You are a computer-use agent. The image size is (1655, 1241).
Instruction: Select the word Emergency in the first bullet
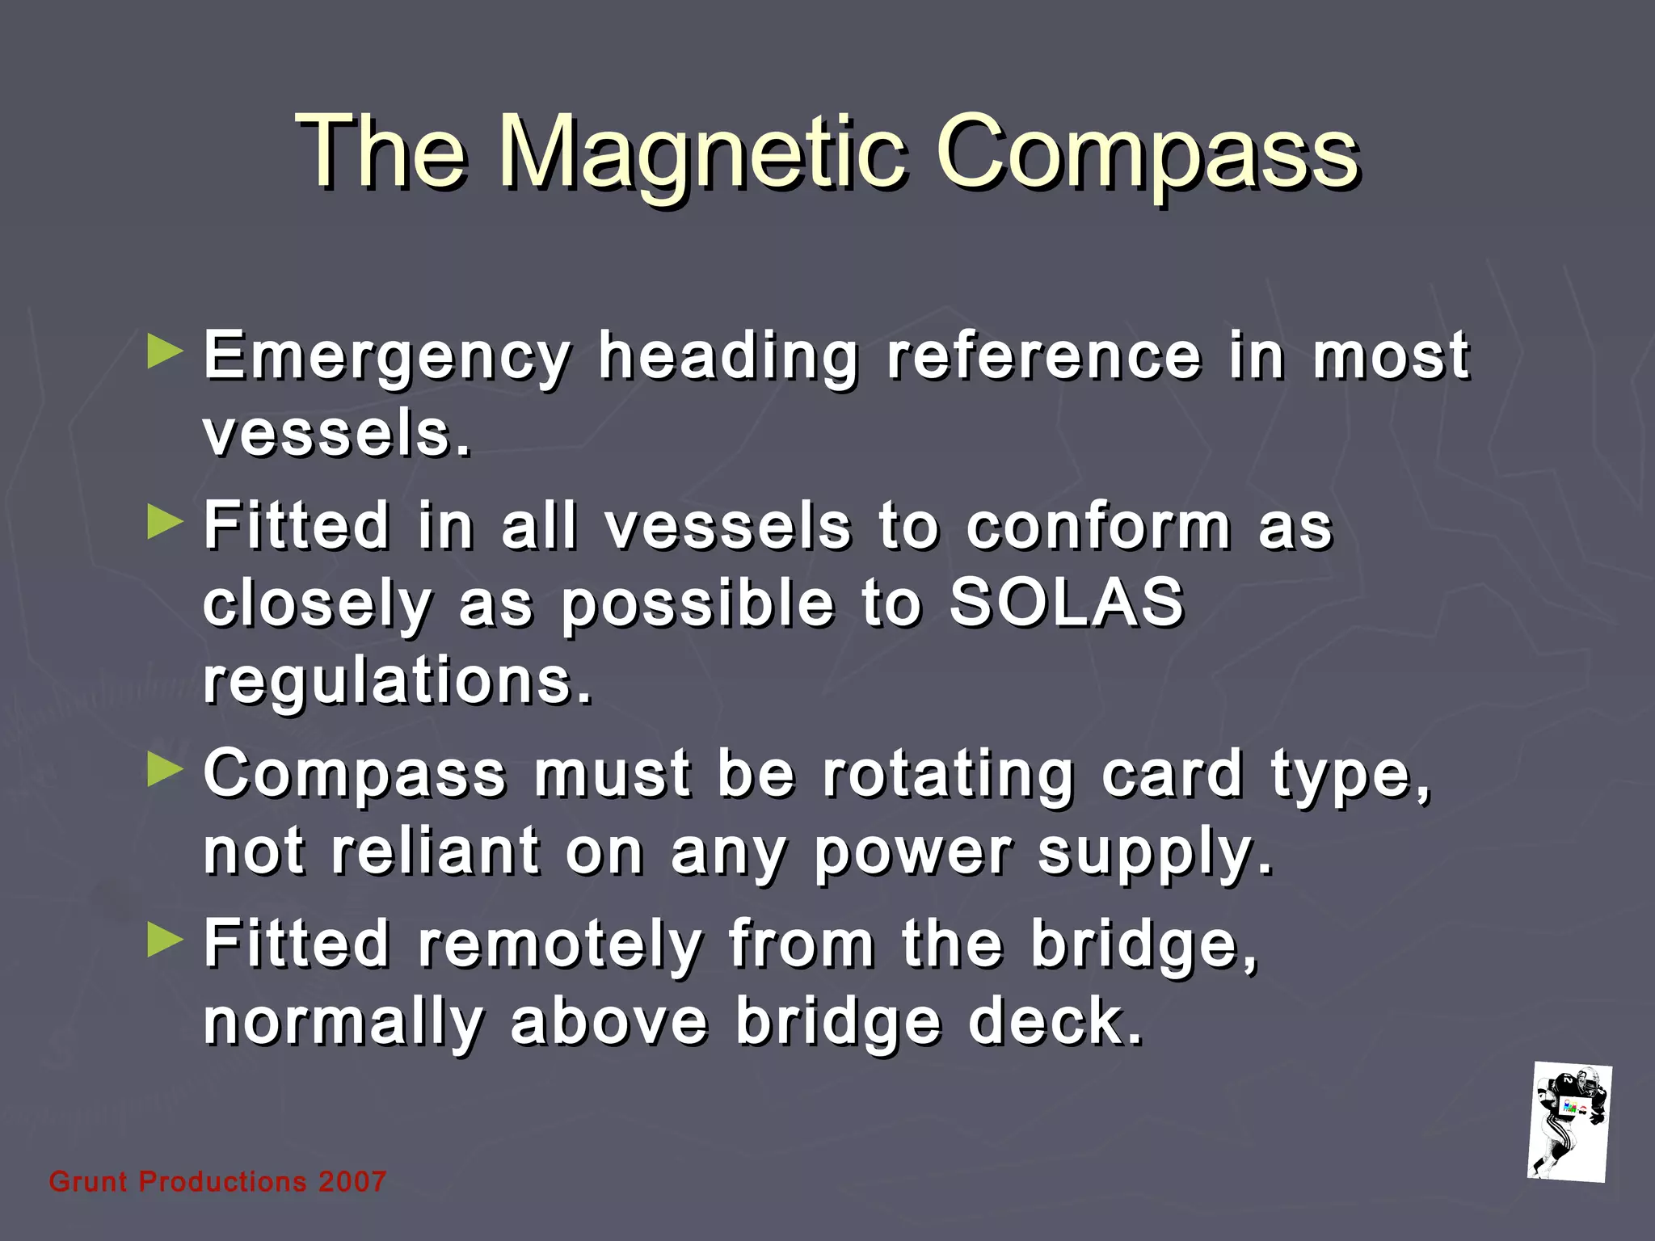[386, 355]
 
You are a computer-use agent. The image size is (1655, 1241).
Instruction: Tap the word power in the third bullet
[912, 852]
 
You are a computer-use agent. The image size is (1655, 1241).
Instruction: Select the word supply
[1156, 852]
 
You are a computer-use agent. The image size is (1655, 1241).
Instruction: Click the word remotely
[560, 944]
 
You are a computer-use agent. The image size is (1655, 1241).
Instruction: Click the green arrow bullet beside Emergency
[166, 353]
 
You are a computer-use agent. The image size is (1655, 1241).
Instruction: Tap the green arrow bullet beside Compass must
[166, 771]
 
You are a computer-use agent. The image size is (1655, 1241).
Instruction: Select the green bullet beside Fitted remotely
[166, 940]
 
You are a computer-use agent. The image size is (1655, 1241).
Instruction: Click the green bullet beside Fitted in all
[166, 524]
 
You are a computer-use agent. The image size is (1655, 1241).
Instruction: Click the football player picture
[1569, 1122]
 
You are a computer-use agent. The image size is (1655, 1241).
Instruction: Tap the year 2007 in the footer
[352, 1182]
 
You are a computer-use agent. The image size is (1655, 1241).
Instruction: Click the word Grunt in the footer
[88, 1182]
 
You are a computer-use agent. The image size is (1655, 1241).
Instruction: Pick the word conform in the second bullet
[1099, 526]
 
